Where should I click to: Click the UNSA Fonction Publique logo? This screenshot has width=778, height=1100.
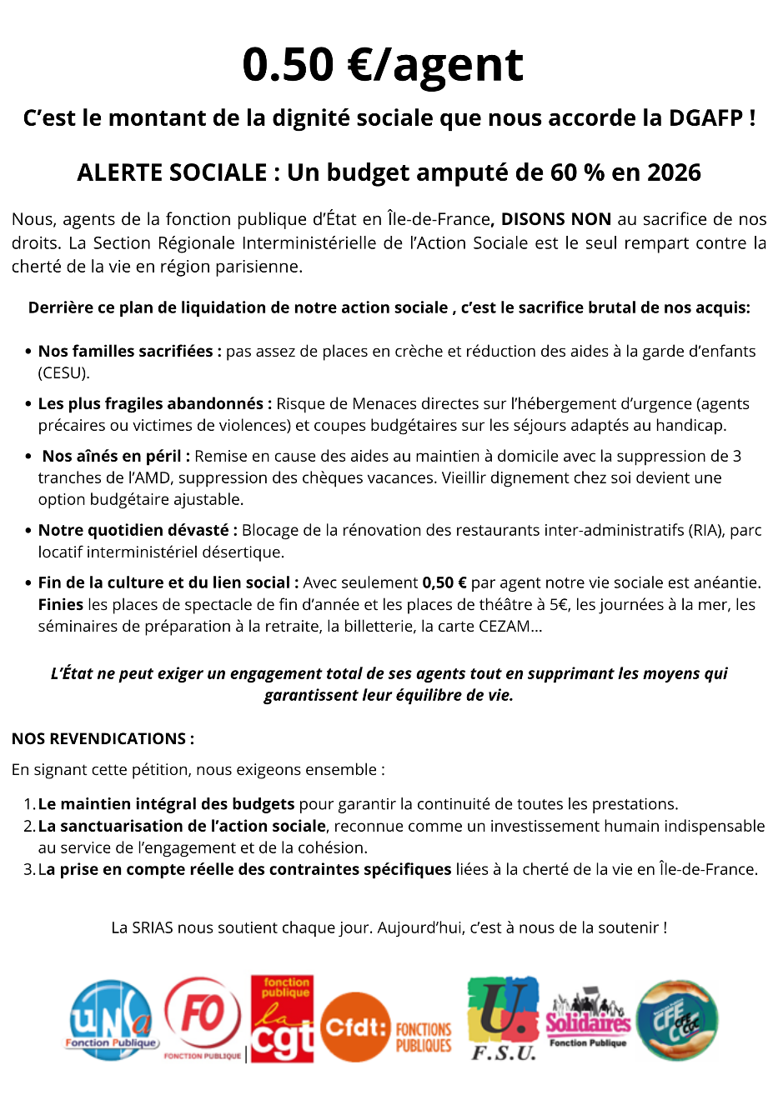[x=111, y=1020]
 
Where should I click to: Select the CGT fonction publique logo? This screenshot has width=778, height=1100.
[x=282, y=1019]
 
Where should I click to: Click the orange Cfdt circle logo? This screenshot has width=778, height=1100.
[x=355, y=1027]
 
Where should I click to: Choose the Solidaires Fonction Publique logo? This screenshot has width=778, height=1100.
[x=588, y=1018]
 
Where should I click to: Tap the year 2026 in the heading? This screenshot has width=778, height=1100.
[x=674, y=172]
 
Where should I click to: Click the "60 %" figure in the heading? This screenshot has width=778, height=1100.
[x=577, y=172]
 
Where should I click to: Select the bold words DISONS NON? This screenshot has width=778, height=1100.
[x=555, y=219]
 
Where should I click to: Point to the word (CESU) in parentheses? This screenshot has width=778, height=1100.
[x=63, y=372]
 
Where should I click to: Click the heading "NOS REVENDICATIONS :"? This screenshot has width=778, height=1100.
[x=103, y=738]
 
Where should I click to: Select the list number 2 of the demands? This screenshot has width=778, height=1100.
[x=28, y=826]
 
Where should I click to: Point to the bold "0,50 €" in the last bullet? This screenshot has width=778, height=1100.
[x=444, y=582]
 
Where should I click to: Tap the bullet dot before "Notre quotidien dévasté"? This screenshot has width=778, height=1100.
[x=29, y=531]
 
